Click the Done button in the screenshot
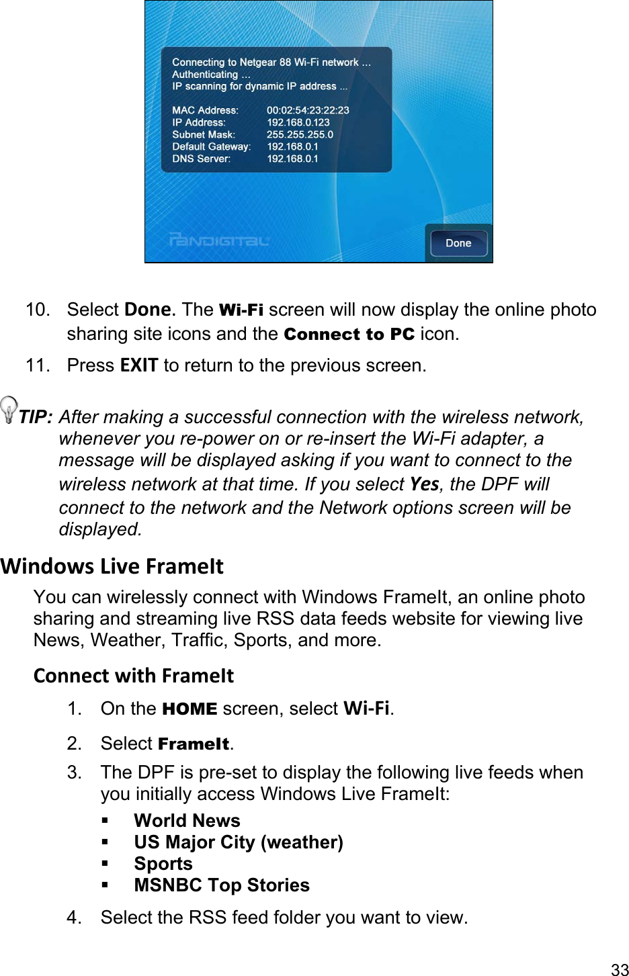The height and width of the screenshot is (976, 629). click(458, 243)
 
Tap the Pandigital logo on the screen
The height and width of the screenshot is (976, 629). click(219, 240)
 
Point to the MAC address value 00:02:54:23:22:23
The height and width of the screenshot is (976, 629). click(308, 110)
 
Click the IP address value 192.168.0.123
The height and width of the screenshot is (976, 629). click(298, 122)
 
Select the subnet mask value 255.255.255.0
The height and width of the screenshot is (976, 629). click(300, 134)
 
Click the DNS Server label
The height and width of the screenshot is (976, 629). click(201, 159)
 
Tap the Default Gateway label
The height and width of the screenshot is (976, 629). click(211, 146)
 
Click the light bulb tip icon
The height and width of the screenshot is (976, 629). click(9, 409)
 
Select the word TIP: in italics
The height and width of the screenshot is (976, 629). click(36, 417)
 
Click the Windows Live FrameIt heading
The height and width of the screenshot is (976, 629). click(112, 566)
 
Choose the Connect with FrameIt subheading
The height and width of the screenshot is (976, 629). click(134, 676)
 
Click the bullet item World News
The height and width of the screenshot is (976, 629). click(187, 821)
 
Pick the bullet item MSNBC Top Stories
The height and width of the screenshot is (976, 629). click(222, 885)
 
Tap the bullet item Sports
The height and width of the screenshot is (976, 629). click(163, 864)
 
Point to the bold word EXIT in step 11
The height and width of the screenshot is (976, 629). click(139, 365)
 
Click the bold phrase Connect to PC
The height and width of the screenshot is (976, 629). click(349, 335)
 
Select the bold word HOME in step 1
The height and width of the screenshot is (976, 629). click(190, 709)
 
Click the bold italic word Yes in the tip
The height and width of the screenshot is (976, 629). click(424, 484)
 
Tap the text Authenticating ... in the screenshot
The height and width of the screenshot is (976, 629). click(211, 75)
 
